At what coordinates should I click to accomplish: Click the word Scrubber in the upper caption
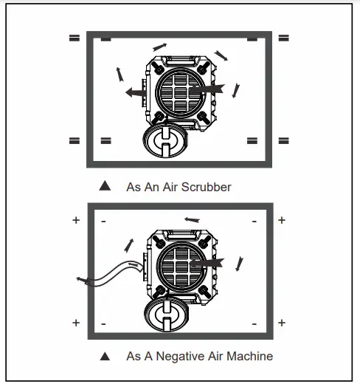point(206,187)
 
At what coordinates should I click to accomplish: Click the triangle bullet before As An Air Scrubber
point(105,186)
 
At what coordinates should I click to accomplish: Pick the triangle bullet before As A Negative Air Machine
point(105,356)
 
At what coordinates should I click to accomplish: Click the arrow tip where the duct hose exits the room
point(80,279)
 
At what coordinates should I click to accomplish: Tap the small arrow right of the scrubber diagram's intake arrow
point(235,90)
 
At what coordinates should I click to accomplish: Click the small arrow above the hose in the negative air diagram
point(131,244)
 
